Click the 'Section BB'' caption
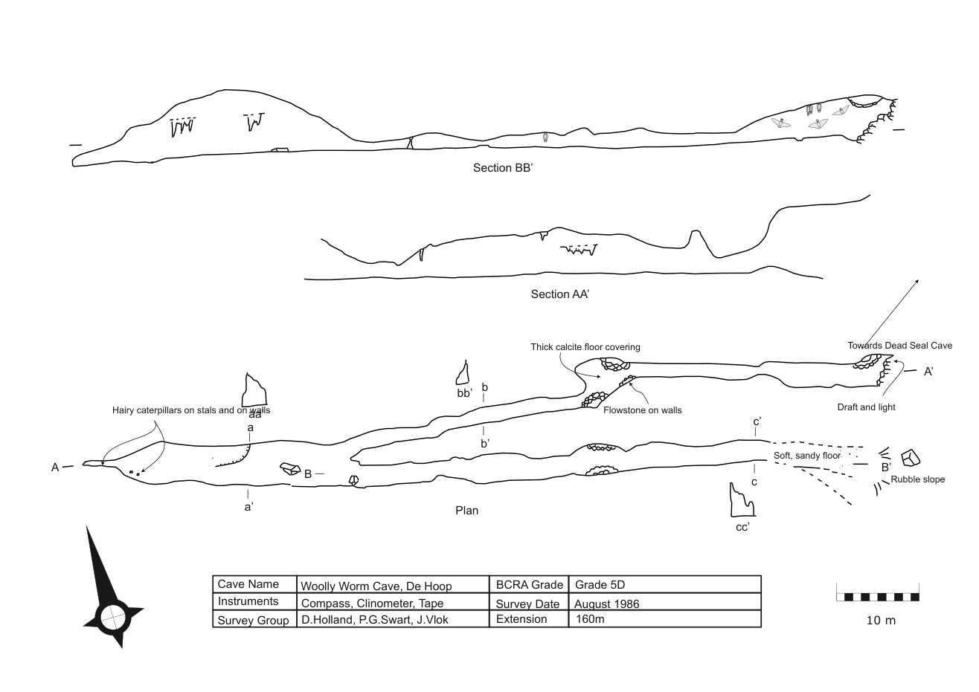[x=503, y=168]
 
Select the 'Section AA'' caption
[x=560, y=294]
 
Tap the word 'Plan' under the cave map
[x=466, y=511]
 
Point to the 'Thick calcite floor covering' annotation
[x=585, y=347]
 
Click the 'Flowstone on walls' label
[x=643, y=410]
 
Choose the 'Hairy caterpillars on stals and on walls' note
[x=191, y=410]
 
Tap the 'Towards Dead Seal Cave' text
[x=900, y=346]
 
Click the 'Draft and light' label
[x=866, y=407]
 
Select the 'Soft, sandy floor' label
[x=807, y=456]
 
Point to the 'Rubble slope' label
[x=917, y=479]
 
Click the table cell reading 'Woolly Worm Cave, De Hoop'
[x=376, y=586]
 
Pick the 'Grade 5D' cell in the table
[x=600, y=585]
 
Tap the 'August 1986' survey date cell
[x=606, y=604]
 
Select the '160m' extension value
[x=590, y=619]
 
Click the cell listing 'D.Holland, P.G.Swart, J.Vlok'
[x=374, y=620]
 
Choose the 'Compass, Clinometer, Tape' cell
[x=373, y=604]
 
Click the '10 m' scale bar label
[x=881, y=621]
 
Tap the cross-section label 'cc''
[x=742, y=528]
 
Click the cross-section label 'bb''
[x=465, y=393]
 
